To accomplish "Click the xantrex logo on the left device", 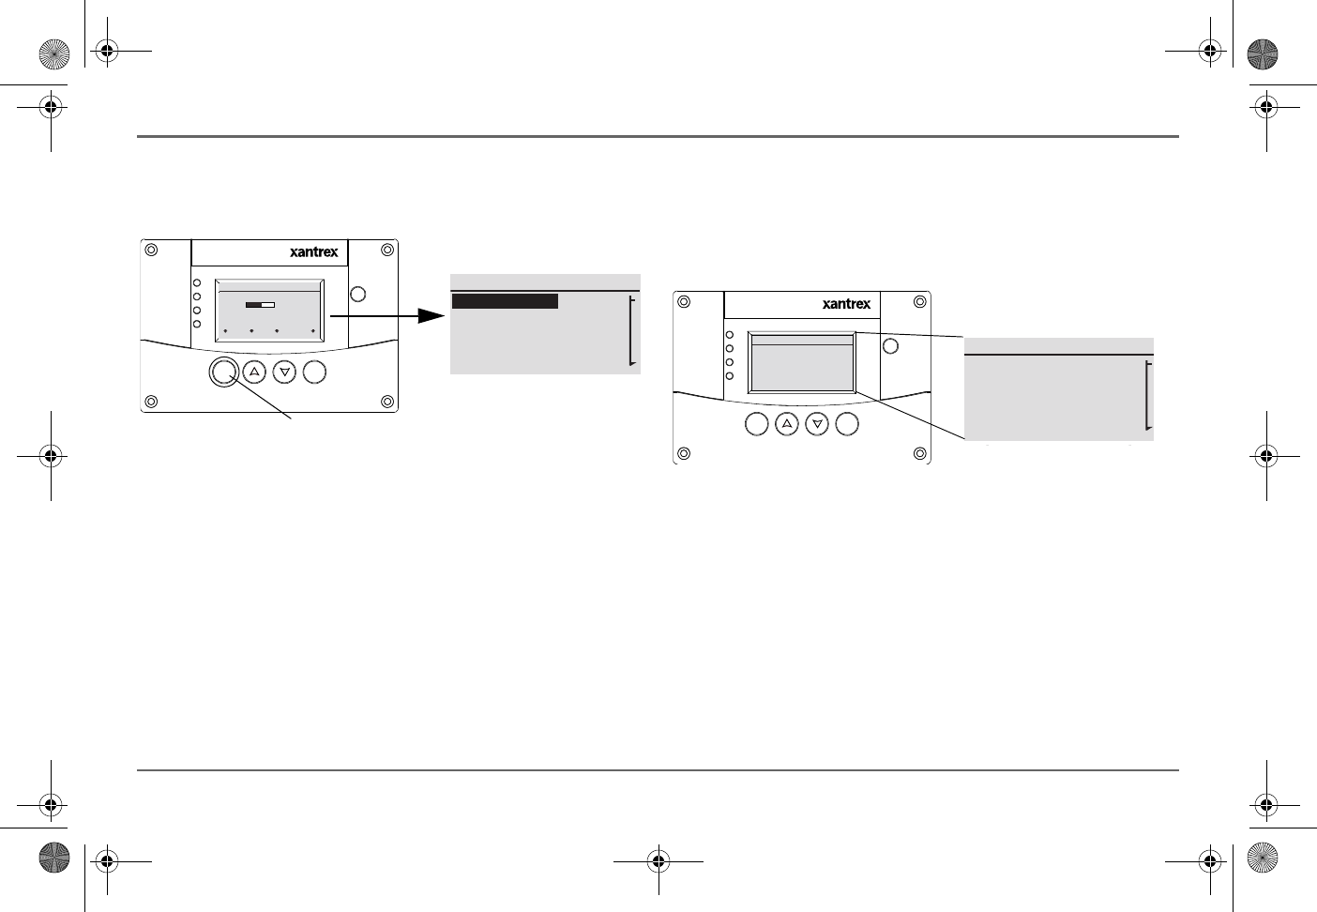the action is pyautogui.click(x=314, y=252).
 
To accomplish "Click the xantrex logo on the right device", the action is pyautogui.click(x=847, y=304).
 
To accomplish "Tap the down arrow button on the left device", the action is pyautogui.click(x=284, y=372).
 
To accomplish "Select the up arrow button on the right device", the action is pyautogui.click(x=787, y=424).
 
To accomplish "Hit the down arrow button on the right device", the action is pyautogui.click(x=817, y=424).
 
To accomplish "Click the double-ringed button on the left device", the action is pyautogui.click(x=224, y=372).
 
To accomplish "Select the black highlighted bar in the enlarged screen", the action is pyautogui.click(x=505, y=301).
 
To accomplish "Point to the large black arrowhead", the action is pyautogui.click(x=431, y=316).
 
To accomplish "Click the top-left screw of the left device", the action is pyautogui.click(x=151, y=250).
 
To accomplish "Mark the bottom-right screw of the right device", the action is pyautogui.click(x=920, y=453).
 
